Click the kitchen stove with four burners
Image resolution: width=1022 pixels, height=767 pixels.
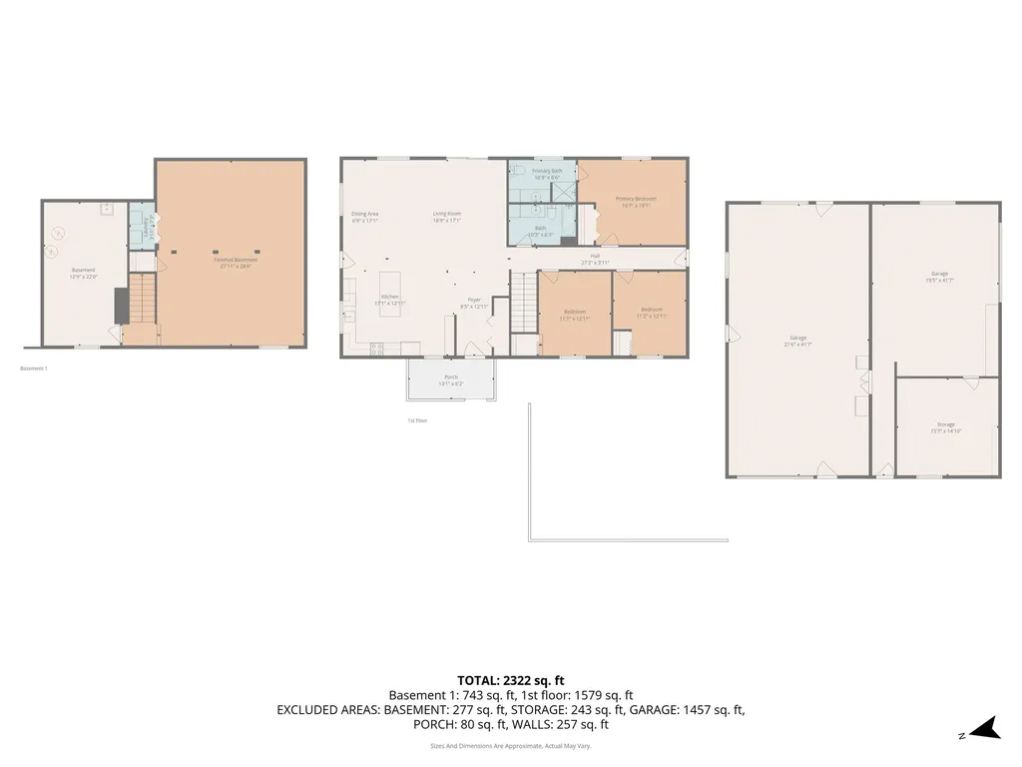(x=377, y=349)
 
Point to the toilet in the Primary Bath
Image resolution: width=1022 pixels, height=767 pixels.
(x=519, y=172)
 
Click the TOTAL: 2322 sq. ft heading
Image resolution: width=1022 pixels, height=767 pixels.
(x=510, y=679)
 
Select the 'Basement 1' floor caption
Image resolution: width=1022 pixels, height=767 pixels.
(x=34, y=369)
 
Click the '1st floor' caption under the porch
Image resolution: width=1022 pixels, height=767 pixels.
(x=417, y=420)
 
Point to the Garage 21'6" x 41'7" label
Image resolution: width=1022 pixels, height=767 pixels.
(x=797, y=341)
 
